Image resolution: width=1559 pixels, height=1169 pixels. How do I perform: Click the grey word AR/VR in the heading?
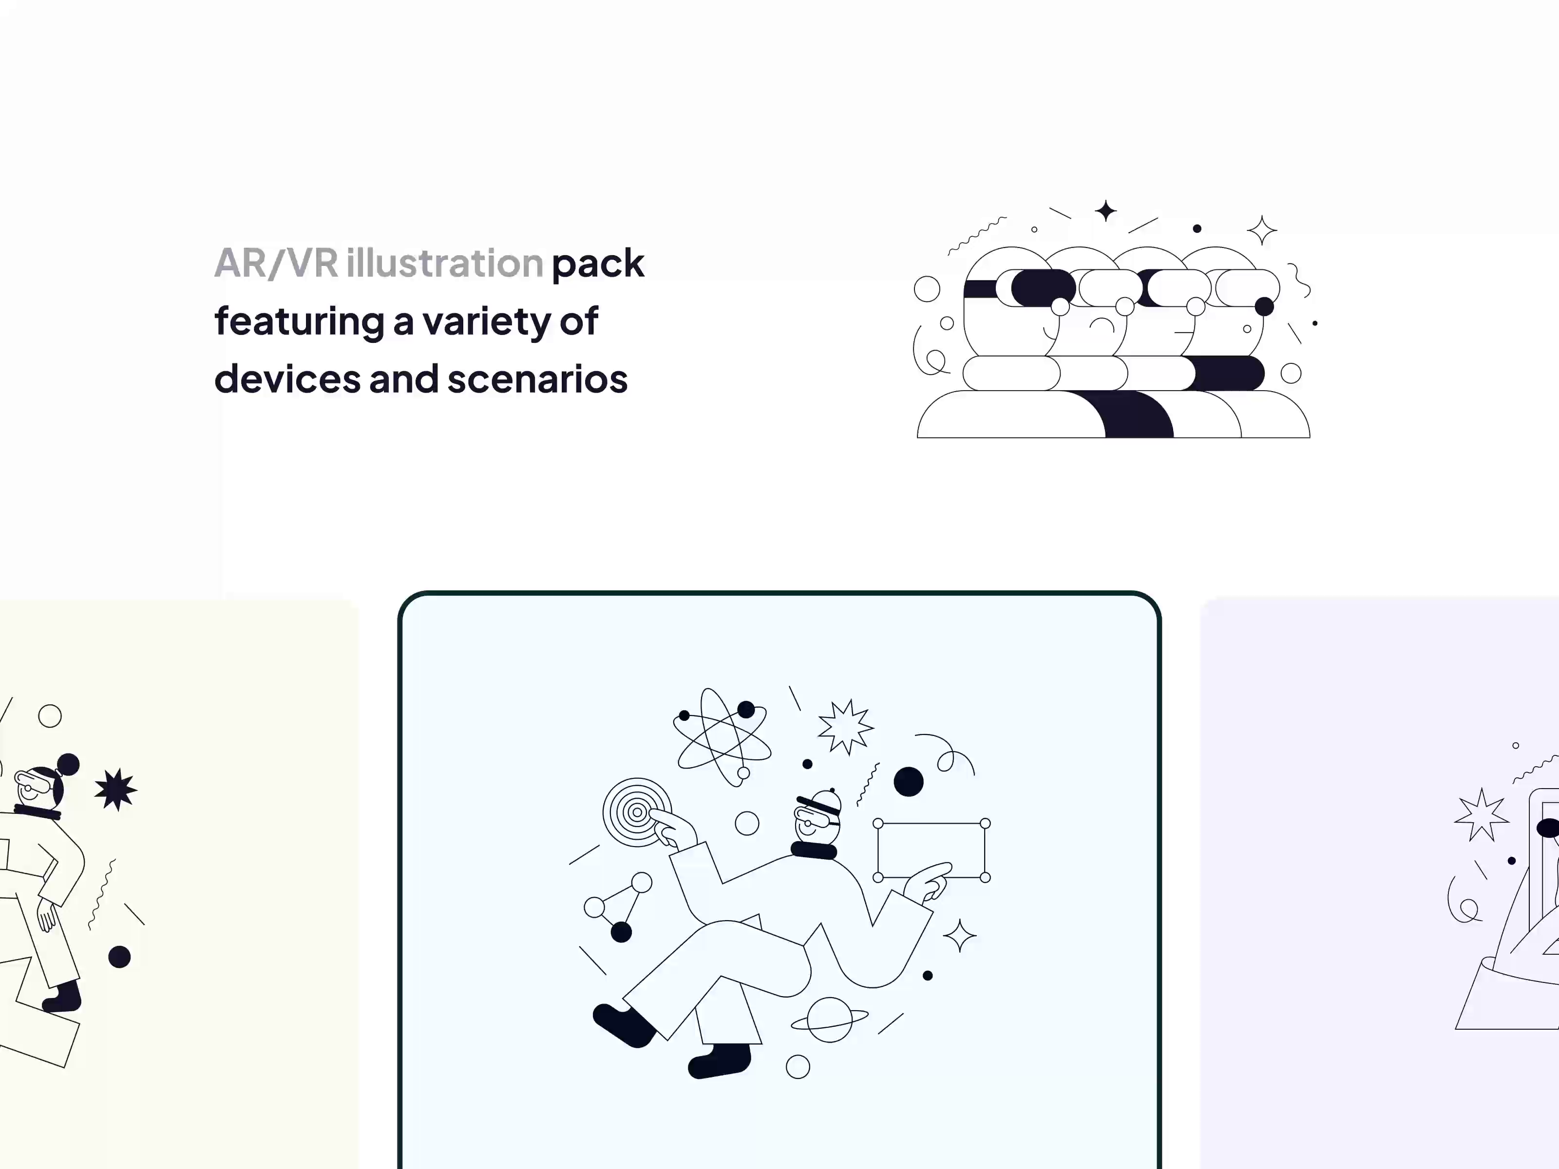(x=276, y=264)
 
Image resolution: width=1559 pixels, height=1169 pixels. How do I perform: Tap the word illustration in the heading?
(x=445, y=263)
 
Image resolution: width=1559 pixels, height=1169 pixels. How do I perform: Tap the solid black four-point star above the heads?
(x=1106, y=211)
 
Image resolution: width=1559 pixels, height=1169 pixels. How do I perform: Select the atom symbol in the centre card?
(x=722, y=736)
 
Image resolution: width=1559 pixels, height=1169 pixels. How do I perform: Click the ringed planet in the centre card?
(x=830, y=1019)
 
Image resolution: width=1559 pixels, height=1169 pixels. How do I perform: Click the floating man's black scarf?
(x=814, y=850)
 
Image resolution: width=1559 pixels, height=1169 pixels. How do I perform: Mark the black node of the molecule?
(x=621, y=932)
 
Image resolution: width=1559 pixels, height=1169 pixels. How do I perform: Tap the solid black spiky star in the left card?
(x=115, y=789)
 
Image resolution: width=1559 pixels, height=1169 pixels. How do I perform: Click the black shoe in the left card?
(x=63, y=997)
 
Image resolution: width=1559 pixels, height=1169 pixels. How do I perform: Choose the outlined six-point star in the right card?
(x=1482, y=815)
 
